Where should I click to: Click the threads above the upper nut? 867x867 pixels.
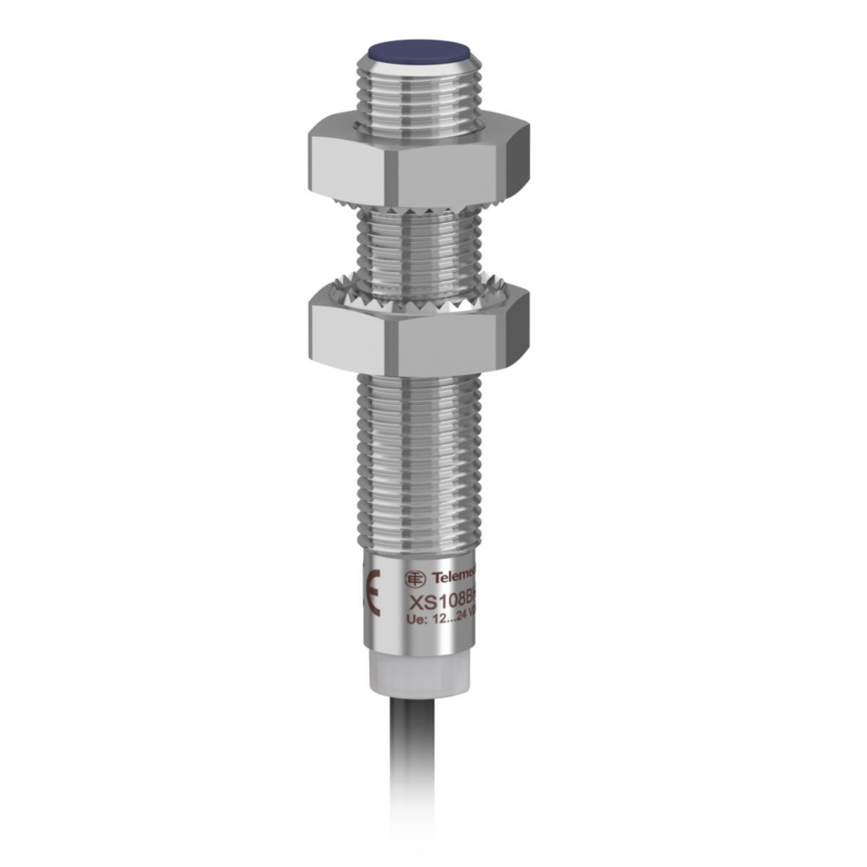coord(419,94)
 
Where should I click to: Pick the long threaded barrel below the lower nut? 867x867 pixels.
coord(419,462)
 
